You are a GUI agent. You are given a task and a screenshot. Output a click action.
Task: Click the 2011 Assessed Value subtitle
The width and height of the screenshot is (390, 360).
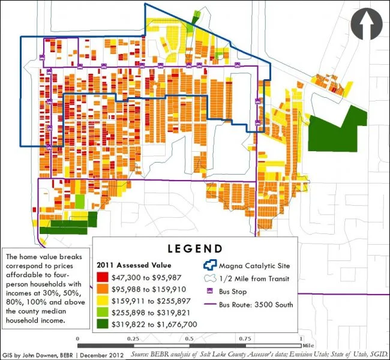134,265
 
